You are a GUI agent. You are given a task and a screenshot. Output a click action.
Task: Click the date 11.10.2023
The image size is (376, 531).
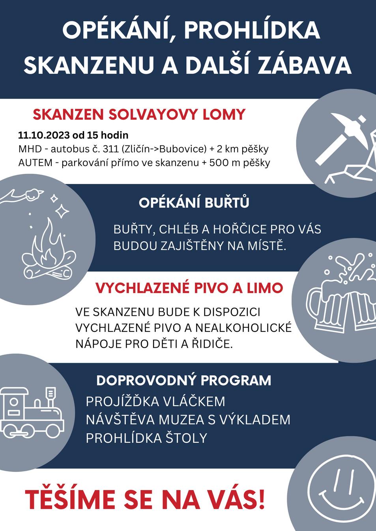point(44,135)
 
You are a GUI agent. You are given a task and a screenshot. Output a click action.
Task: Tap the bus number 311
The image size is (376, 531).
point(110,149)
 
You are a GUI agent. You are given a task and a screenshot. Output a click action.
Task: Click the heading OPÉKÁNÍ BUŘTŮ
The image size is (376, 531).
point(194,203)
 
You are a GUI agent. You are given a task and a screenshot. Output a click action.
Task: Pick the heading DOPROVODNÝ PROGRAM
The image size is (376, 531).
point(183,380)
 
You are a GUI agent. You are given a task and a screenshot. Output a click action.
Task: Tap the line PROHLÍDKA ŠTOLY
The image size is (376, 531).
point(146,438)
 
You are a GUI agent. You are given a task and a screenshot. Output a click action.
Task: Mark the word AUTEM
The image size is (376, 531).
point(35,162)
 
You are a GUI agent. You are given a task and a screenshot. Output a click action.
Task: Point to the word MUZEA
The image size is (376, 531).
point(181,420)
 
